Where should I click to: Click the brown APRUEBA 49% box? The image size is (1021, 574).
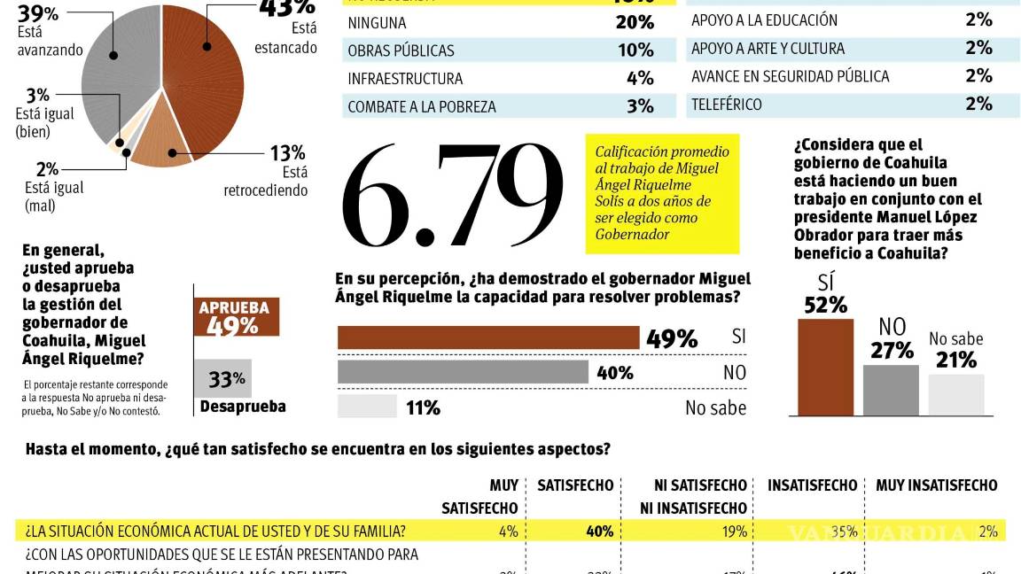coord(236,316)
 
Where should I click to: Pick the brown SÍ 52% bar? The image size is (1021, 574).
coord(825,366)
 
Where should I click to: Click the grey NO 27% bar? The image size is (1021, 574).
coord(891,389)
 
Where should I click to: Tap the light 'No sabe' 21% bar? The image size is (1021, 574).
coord(956,394)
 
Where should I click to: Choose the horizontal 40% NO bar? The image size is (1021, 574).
coord(463,372)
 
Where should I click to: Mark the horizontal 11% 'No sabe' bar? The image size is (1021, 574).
coord(367,407)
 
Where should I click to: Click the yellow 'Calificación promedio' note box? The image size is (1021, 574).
coord(661,194)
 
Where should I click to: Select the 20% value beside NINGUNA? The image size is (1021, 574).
coord(635,23)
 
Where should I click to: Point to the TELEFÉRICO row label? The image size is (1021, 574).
coord(726,105)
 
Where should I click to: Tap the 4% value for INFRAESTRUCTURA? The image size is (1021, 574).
coord(639,79)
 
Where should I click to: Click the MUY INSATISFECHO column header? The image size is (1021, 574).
coord(936,485)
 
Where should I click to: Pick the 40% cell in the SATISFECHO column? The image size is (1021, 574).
coord(598,531)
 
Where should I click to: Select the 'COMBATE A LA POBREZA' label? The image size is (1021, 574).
coord(421,107)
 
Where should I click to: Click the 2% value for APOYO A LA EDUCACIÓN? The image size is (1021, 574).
coord(978,20)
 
